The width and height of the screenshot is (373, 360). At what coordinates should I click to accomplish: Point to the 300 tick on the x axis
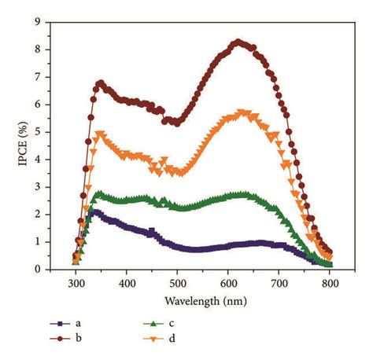tap(76, 281)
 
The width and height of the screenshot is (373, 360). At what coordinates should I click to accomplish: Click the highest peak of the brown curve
tap(238, 42)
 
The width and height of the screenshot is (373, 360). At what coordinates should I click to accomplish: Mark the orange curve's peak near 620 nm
tap(242, 113)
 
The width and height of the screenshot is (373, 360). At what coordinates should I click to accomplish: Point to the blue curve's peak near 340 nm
tap(95, 211)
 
